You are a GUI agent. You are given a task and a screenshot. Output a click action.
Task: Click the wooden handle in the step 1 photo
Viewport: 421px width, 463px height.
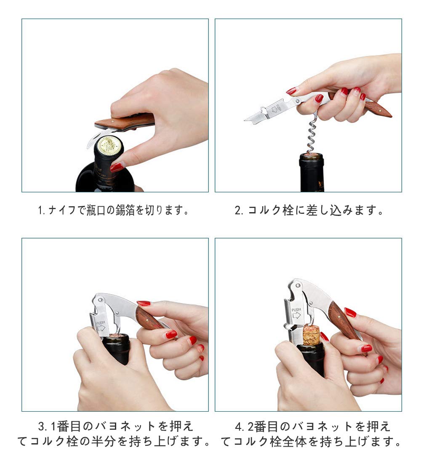125,121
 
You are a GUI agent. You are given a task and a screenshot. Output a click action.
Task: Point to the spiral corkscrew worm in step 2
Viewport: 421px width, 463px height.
312,136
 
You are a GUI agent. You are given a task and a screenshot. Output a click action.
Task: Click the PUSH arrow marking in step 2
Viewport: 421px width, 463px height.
274,109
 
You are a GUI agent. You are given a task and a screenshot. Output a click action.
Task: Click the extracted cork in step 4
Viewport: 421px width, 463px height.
312,335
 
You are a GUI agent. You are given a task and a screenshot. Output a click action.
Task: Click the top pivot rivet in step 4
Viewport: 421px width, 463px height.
298,286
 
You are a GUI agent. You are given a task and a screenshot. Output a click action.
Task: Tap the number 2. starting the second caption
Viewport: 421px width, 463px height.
239,210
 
